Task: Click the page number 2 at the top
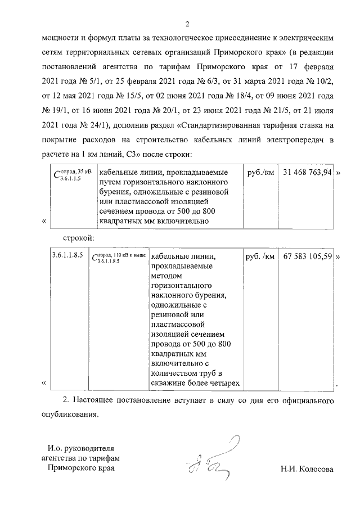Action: pos(188,24)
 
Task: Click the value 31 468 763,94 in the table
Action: pos(308,172)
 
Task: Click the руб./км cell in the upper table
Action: pos(260,172)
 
